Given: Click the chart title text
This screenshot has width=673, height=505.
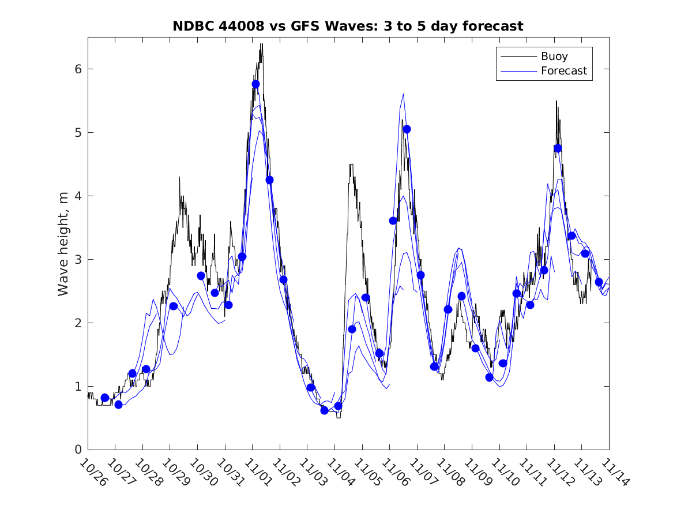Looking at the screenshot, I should (348, 27).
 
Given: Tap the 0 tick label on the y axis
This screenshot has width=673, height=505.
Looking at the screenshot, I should (78, 450).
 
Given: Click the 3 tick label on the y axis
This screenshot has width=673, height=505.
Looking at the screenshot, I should (78, 259).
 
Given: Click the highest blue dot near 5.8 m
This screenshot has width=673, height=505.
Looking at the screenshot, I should (255, 84).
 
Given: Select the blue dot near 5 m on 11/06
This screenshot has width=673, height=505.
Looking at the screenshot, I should (407, 129).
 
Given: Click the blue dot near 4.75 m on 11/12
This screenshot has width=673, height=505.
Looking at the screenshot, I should (558, 148).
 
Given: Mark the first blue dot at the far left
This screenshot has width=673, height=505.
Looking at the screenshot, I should (105, 398).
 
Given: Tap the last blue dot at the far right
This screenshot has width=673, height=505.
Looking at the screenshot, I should (599, 282).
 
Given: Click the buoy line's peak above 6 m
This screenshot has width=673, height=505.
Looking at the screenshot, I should (261, 44).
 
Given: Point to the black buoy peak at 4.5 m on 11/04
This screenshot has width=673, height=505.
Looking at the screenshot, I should (351, 164).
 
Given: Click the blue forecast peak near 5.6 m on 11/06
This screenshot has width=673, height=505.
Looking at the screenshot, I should (403, 94).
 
